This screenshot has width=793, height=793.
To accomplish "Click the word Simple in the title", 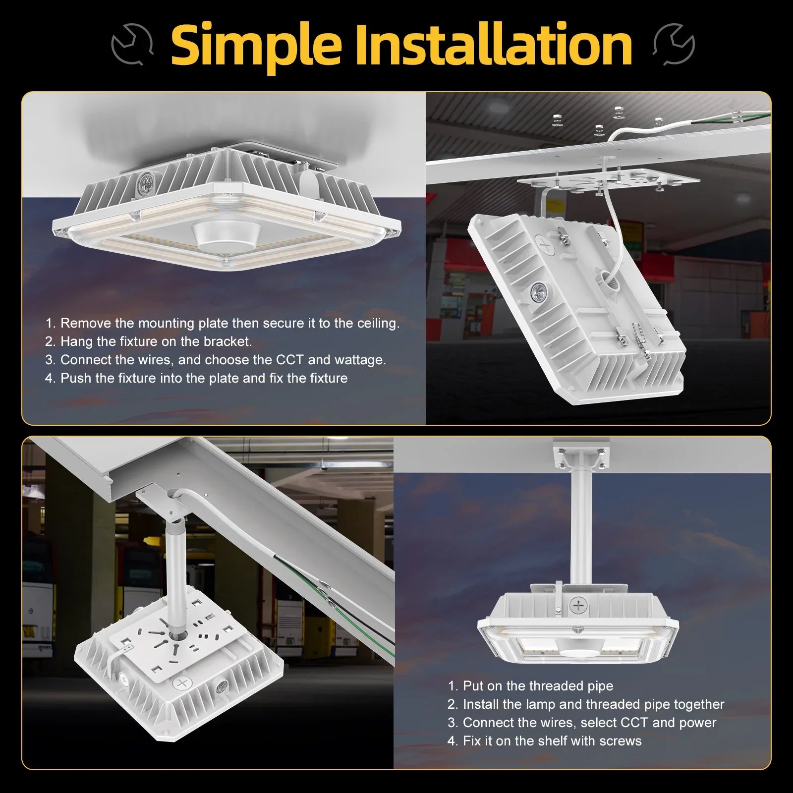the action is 256,46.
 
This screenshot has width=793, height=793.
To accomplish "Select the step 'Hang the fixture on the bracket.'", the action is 149,341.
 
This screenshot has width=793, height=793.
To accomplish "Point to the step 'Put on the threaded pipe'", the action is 530,686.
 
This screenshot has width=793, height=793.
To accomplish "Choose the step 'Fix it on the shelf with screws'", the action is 544,741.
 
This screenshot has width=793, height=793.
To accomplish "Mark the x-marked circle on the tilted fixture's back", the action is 546,245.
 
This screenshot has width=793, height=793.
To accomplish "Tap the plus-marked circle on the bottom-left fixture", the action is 182,684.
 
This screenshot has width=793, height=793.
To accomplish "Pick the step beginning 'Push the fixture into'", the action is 196,378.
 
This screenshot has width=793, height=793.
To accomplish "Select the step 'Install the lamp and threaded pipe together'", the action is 586,704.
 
